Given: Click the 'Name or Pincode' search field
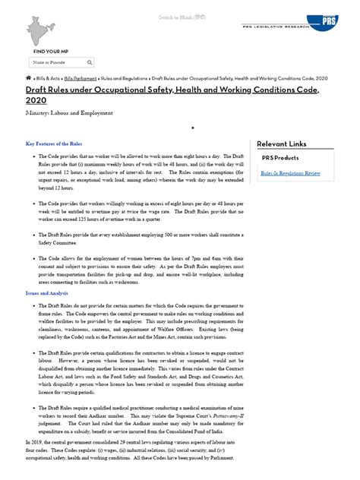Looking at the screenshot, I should coord(56,61).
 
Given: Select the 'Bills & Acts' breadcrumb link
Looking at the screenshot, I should coord(47,78).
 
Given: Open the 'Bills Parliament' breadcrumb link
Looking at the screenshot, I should coord(79,78).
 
